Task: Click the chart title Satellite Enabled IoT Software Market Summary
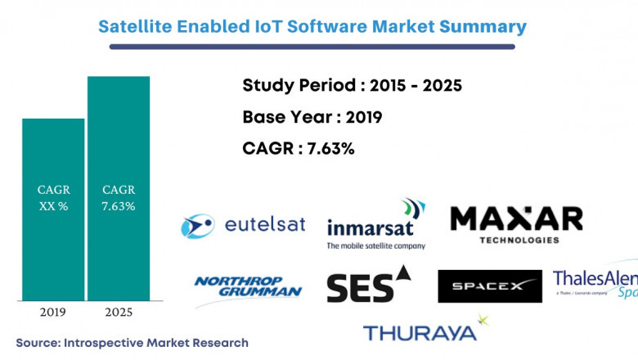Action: (x=312, y=25)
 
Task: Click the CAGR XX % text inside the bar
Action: (x=53, y=198)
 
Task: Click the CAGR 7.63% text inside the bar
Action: (x=119, y=198)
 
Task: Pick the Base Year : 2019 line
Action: (x=312, y=117)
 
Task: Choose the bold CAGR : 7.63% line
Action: (x=299, y=149)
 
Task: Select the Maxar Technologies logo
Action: (x=516, y=223)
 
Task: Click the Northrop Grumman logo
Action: (x=248, y=286)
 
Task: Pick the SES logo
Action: (x=368, y=286)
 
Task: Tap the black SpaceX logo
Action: (x=489, y=286)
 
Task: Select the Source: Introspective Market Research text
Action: (x=132, y=342)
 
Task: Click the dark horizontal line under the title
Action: (x=312, y=47)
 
